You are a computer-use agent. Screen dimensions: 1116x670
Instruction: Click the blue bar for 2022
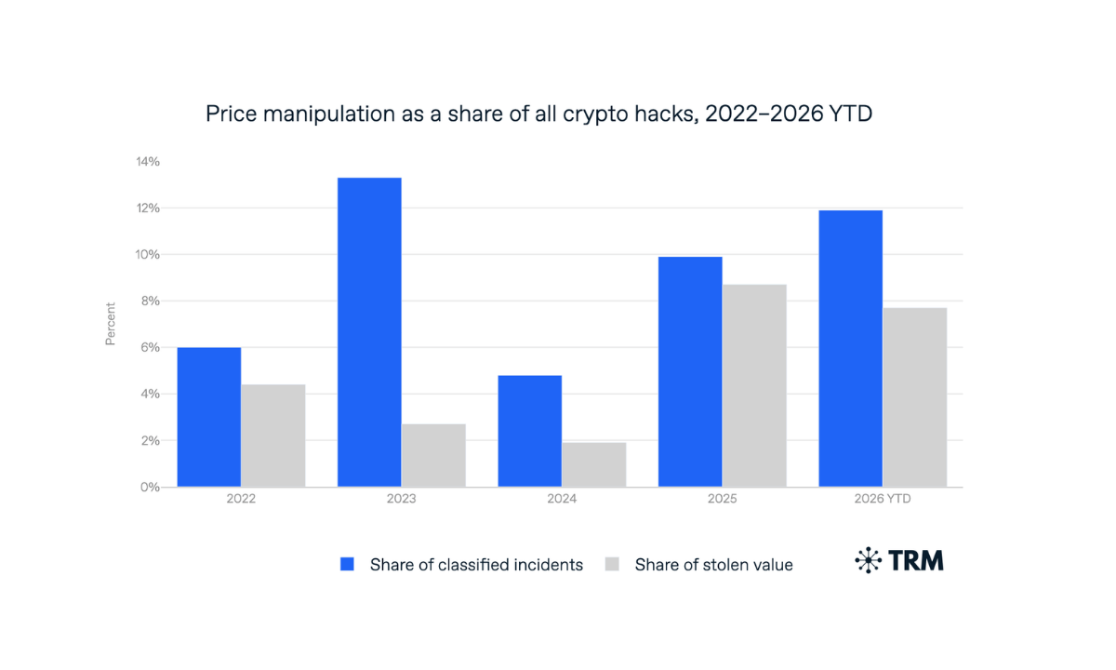209,417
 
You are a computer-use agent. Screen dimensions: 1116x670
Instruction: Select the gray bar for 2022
273,435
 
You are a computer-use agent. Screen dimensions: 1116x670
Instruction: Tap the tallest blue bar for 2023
370,332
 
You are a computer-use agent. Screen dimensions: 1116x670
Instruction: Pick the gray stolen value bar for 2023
434,456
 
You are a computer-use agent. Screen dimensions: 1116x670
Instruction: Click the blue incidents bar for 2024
530,431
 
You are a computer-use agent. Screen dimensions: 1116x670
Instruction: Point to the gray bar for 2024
594,464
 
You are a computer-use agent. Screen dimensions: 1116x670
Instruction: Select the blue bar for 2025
690,372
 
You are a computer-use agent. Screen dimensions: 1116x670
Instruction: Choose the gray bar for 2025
755,386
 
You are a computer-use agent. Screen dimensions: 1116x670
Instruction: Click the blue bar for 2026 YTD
851,348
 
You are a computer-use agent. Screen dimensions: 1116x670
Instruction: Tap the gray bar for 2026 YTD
915,397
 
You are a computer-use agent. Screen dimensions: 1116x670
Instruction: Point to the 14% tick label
148,162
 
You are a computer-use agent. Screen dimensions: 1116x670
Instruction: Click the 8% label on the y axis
151,301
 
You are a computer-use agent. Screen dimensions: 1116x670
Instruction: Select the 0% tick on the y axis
151,487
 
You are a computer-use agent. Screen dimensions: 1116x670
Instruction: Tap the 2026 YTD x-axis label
883,499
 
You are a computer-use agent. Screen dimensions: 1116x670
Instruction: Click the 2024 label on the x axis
562,499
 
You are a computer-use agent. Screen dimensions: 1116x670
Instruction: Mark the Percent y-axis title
110,324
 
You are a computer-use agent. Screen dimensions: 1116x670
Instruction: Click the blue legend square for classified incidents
347,564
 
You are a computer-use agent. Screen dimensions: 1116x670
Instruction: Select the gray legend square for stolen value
612,564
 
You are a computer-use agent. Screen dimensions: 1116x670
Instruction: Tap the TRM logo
899,560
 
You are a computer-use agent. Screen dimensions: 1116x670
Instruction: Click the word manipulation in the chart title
329,114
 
